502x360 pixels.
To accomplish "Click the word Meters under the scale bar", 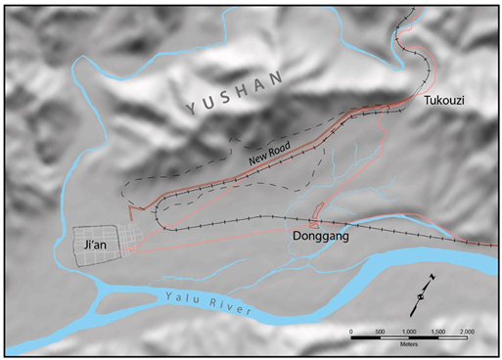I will tap(412, 343).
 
